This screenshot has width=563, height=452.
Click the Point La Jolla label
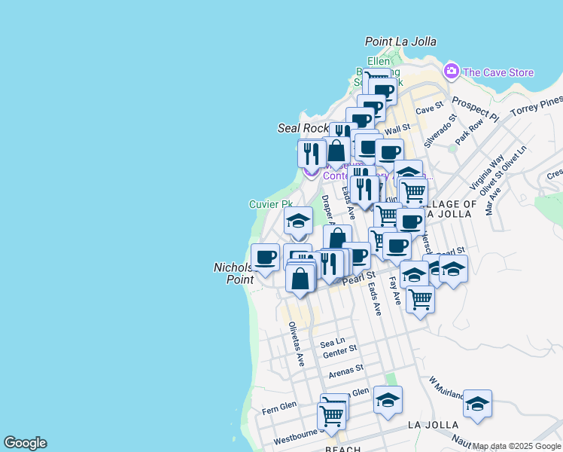(400, 42)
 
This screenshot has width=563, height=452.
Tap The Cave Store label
(498, 72)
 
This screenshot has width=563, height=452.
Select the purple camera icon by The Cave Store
(452, 72)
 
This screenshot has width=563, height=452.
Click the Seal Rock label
(304, 129)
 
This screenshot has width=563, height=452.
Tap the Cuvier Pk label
(270, 204)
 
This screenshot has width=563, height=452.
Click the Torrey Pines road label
(536, 107)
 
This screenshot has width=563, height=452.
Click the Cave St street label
(426, 110)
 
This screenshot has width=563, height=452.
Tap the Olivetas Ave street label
(297, 344)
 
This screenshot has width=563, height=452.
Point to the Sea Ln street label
(332, 341)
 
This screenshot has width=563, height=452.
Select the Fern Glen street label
(278, 407)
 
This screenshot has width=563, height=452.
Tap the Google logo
(25, 443)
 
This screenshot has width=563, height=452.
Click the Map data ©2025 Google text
(517, 447)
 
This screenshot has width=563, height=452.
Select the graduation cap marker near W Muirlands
(477, 404)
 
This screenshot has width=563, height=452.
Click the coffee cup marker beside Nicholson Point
(265, 258)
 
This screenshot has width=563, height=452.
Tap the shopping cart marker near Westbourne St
(331, 415)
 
